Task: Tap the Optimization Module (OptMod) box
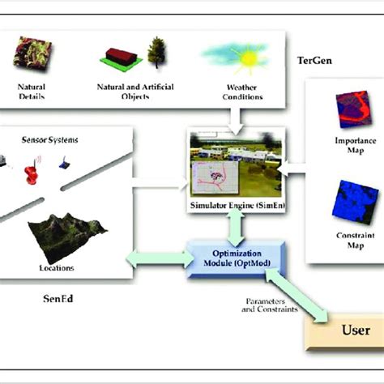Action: [232, 258]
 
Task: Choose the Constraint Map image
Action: [352, 198]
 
